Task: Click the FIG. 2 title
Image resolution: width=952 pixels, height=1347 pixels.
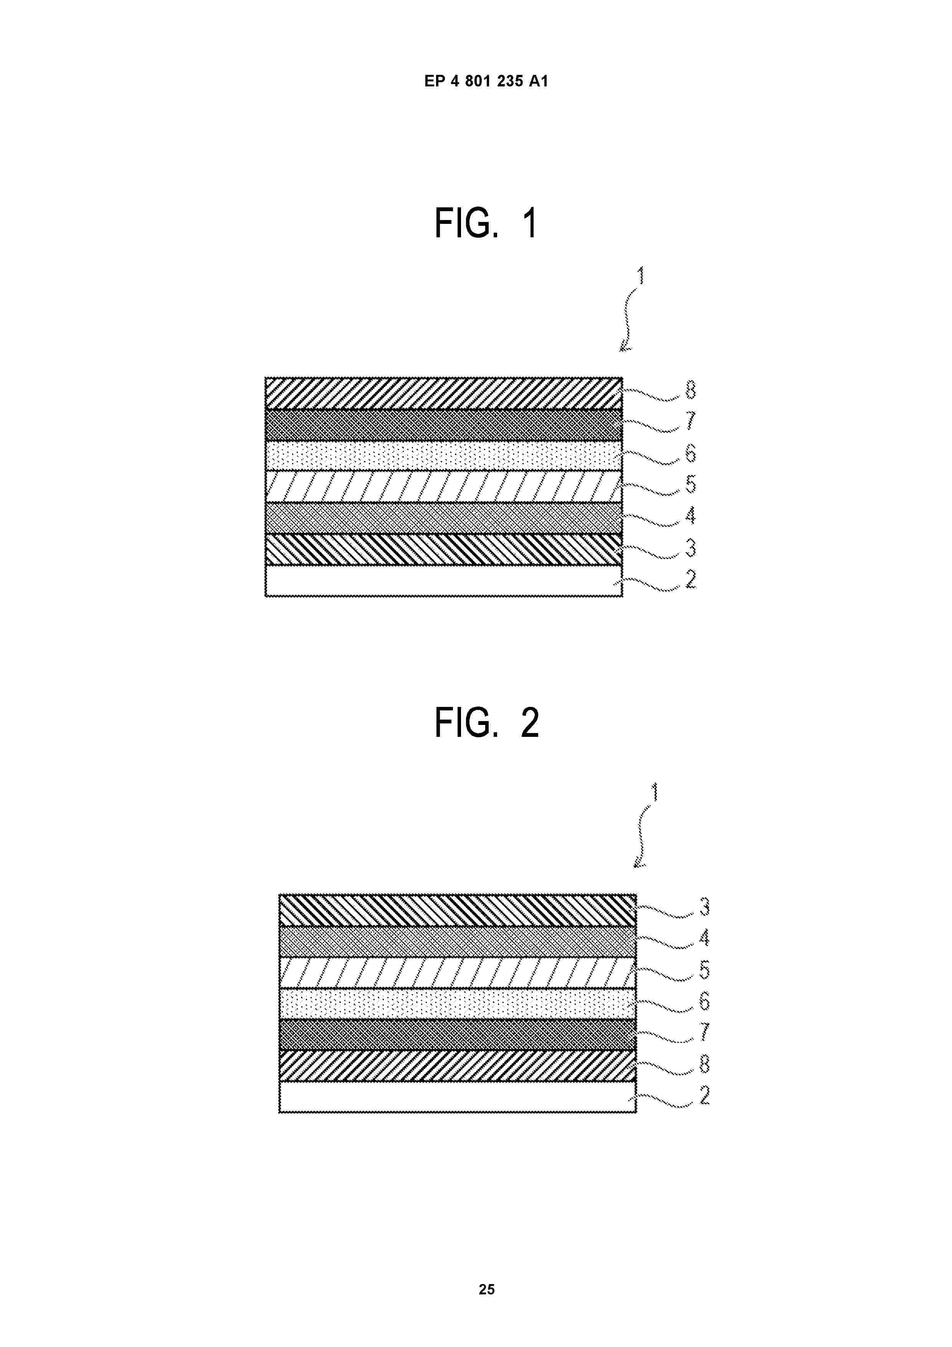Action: [x=487, y=723]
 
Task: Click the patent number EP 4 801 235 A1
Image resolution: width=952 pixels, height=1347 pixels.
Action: [x=486, y=81]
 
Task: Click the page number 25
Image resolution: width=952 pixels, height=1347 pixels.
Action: [x=486, y=1289]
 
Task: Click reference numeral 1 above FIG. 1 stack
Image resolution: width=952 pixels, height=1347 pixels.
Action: [x=641, y=275]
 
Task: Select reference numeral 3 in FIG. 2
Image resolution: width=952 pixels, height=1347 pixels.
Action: [x=704, y=907]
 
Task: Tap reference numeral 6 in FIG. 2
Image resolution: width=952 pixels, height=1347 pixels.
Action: [x=704, y=1001]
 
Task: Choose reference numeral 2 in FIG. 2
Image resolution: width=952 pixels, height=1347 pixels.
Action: [x=704, y=1095]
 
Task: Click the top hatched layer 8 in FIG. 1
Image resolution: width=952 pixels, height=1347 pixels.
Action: [x=443, y=393]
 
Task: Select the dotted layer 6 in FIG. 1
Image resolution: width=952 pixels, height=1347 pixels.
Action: [x=443, y=456]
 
